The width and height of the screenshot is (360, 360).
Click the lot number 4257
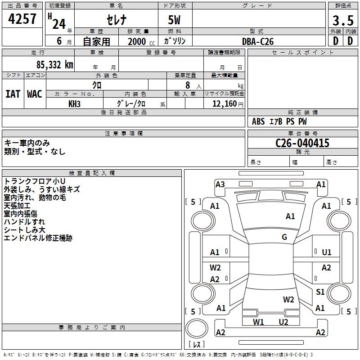pos(22,19)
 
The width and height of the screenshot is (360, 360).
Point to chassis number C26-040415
pos(302,143)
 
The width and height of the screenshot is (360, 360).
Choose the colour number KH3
pos(75,103)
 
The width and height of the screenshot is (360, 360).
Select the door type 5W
pos(175,20)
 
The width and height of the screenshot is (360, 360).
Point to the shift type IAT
pos(13,94)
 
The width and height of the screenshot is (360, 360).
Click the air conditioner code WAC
pos(35,94)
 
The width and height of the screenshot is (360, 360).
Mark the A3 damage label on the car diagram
pos(220,184)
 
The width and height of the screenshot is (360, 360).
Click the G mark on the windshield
pos(284,237)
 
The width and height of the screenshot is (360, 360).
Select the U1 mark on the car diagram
pos(326,252)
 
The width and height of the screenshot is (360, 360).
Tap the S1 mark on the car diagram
pos(320,292)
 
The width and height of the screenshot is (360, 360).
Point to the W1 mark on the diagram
pos(258,322)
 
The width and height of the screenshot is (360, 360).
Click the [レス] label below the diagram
pos(197,345)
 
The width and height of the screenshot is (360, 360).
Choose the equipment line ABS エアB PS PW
pos(279,121)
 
